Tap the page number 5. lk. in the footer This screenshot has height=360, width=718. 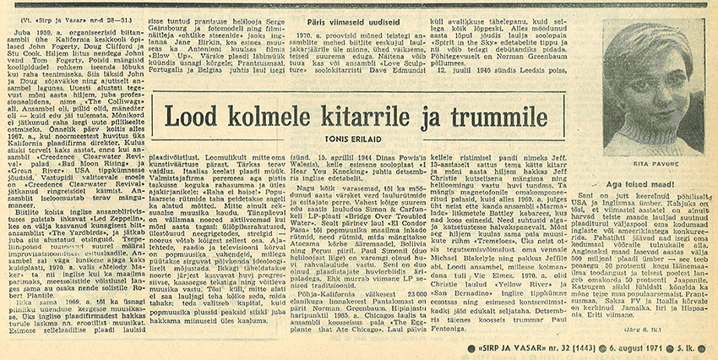[x=695, y=349]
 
